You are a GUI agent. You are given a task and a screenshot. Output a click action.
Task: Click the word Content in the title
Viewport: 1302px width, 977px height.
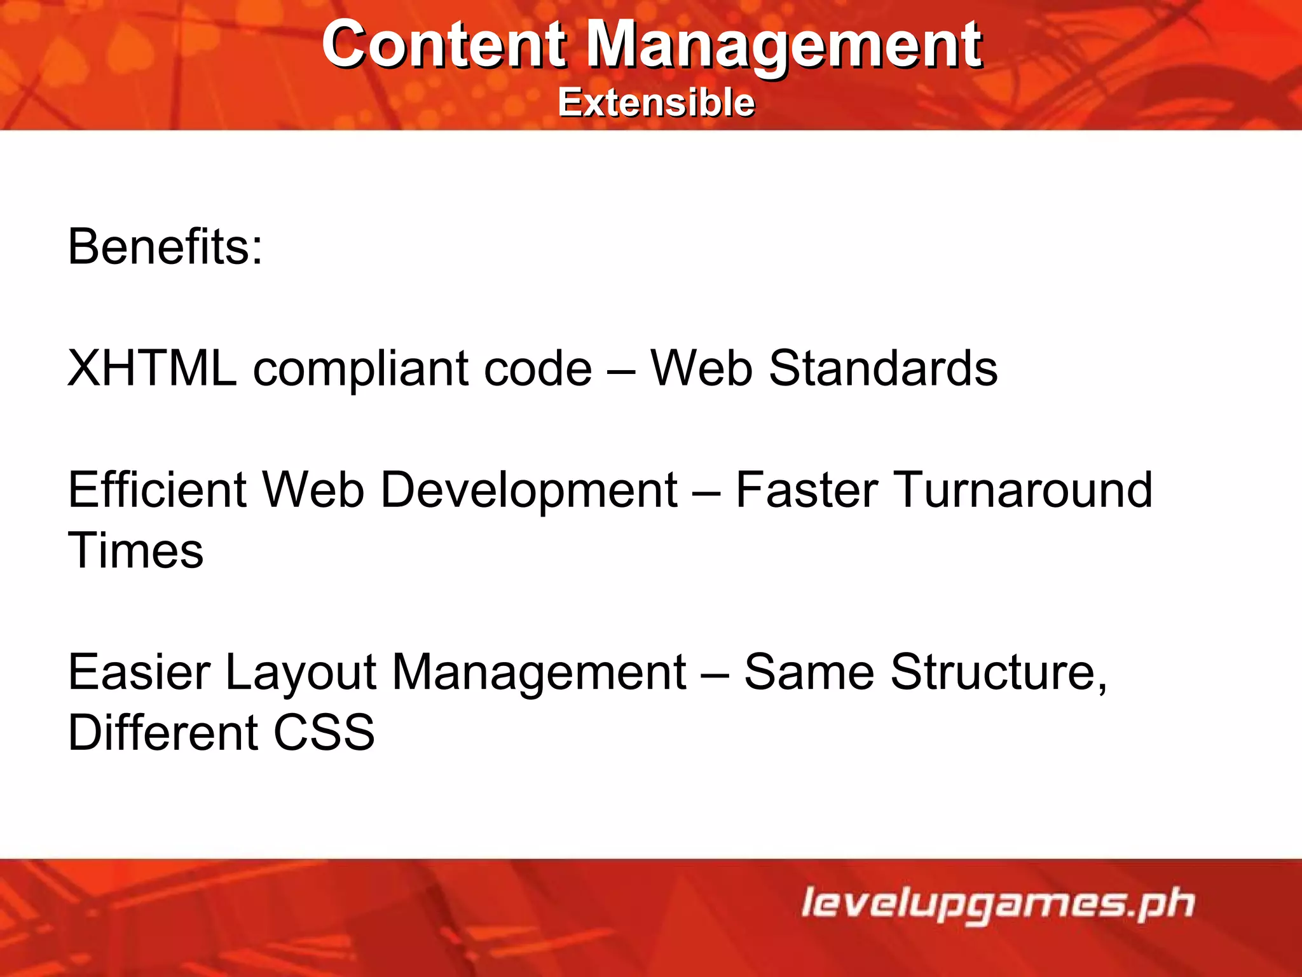[x=443, y=45]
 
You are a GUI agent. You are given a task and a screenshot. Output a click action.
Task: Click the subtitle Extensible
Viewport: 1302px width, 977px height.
[x=656, y=102]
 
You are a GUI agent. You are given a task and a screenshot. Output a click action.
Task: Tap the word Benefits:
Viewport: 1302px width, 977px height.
[x=165, y=247]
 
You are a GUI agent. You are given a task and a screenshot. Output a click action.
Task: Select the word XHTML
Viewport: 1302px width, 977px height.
[x=152, y=368]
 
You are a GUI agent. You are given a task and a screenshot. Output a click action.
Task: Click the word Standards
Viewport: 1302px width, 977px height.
[x=883, y=368]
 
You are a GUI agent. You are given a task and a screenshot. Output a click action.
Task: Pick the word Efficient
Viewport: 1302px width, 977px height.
[x=157, y=490]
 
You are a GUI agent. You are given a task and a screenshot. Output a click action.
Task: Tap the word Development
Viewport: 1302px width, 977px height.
[x=529, y=491]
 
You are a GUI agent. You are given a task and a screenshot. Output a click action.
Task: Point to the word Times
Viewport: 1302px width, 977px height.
[x=135, y=550]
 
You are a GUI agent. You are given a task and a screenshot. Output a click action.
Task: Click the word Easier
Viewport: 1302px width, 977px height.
[x=139, y=672]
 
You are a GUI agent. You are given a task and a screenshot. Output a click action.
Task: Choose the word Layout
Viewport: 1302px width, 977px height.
[x=301, y=673]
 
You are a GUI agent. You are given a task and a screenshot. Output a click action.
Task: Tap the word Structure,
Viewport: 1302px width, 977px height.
[x=999, y=672]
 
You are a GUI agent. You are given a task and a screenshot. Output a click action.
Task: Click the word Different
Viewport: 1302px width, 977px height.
[x=163, y=732]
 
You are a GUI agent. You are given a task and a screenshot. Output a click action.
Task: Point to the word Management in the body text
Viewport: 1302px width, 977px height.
[x=538, y=673]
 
